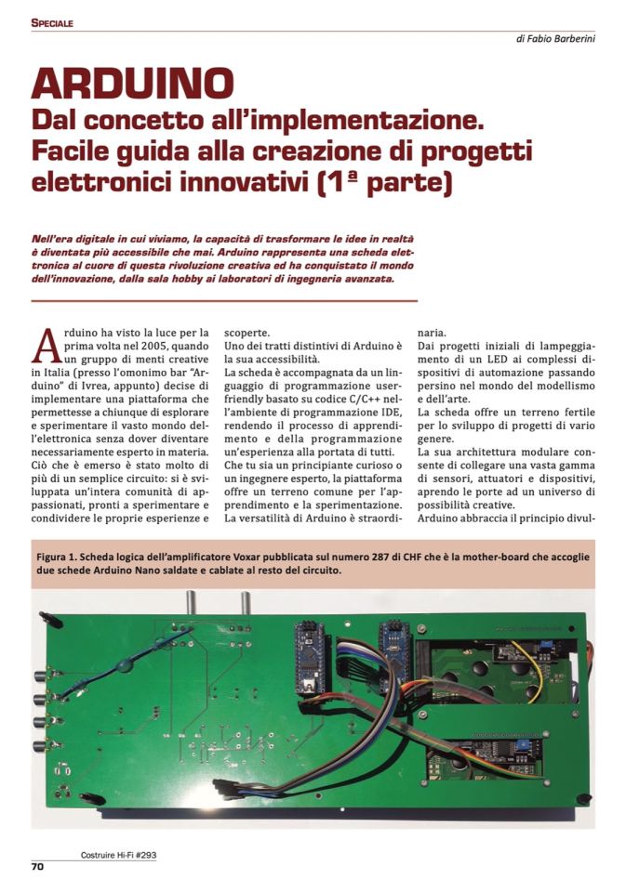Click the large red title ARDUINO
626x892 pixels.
pos(131,84)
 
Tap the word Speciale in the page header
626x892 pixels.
pos(52,22)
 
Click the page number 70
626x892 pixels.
pos(38,867)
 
